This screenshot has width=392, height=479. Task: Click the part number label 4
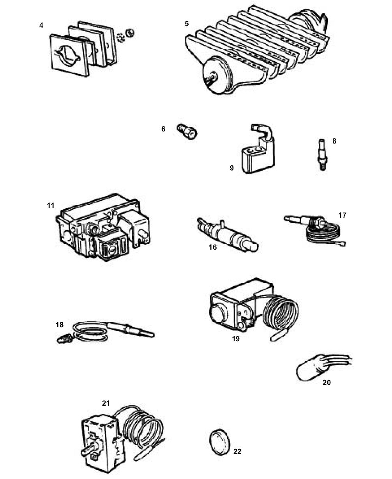pyautogui.click(x=41, y=25)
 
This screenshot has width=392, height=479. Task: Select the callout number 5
pyautogui.click(x=187, y=24)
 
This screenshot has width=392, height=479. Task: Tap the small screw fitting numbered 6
pyautogui.click(x=187, y=131)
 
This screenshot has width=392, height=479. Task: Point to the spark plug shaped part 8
pyautogui.click(x=322, y=154)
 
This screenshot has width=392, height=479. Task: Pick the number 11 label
pyautogui.click(x=51, y=205)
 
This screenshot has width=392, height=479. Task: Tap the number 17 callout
pyautogui.click(x=343, y=215)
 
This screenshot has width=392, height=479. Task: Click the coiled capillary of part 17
pyautogui.click(x=325, y=235)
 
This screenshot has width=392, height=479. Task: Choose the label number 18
pyautogui.click(x=60, y=325)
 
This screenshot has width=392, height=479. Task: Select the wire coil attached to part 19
pyautogui.click(x=281, y=314)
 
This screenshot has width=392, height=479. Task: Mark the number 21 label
pyautogui.click(x=106, y=403)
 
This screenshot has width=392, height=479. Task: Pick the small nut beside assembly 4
pyautogui.click(x=130, y=32)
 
